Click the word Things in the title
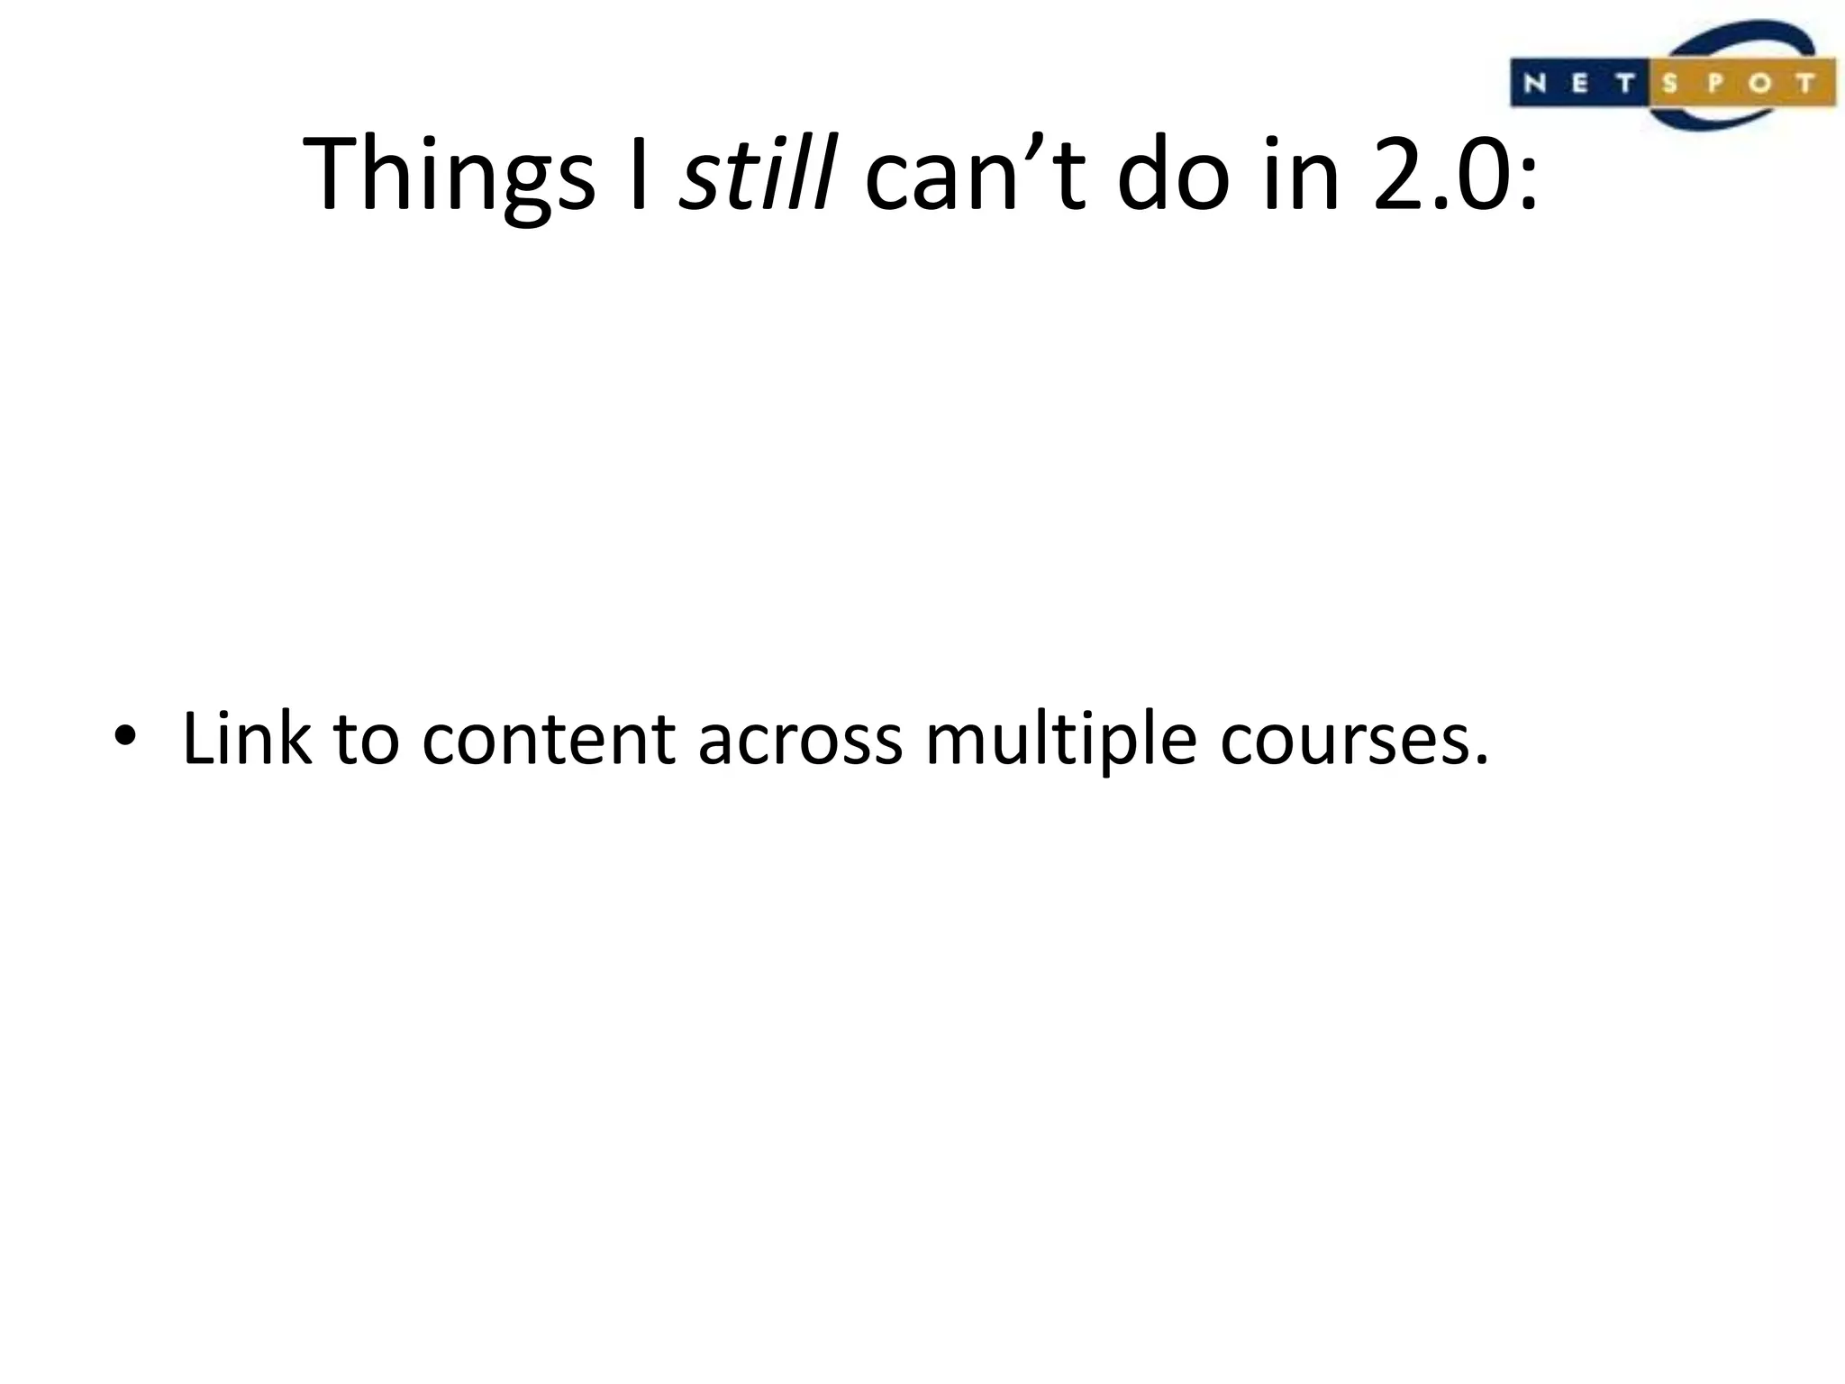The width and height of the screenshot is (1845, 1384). (x=449, y=176)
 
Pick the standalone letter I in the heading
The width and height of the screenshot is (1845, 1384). (x=639, y=173)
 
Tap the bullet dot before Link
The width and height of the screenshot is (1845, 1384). (x=123, y=737)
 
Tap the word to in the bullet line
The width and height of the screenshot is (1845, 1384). (x=366, y=741)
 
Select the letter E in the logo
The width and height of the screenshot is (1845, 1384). (x=1580, y=84)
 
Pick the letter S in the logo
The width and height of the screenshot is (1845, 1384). (x=1669, y=84)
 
